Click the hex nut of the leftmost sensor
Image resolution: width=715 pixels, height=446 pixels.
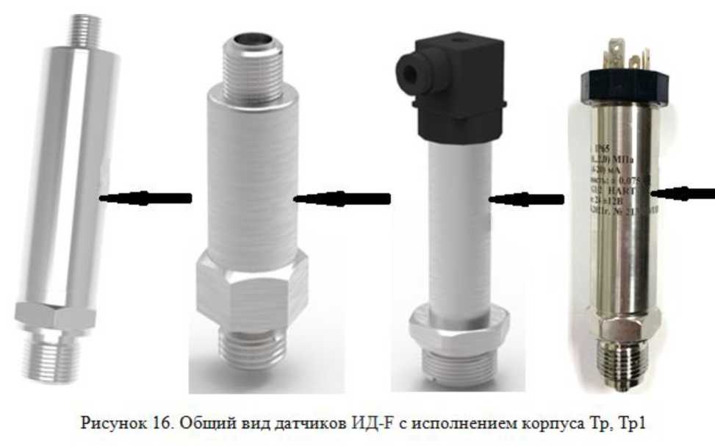coord(56,314)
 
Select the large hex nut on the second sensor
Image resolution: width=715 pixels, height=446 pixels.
coord(251,290)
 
